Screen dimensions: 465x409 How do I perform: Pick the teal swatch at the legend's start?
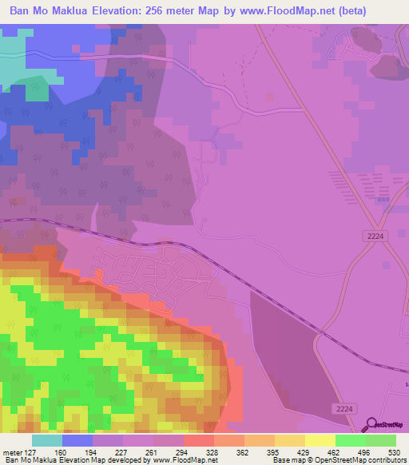pos(47,441)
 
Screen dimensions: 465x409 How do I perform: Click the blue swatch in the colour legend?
pos(77,441)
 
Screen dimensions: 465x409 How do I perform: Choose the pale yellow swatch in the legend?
pos(320,441)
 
